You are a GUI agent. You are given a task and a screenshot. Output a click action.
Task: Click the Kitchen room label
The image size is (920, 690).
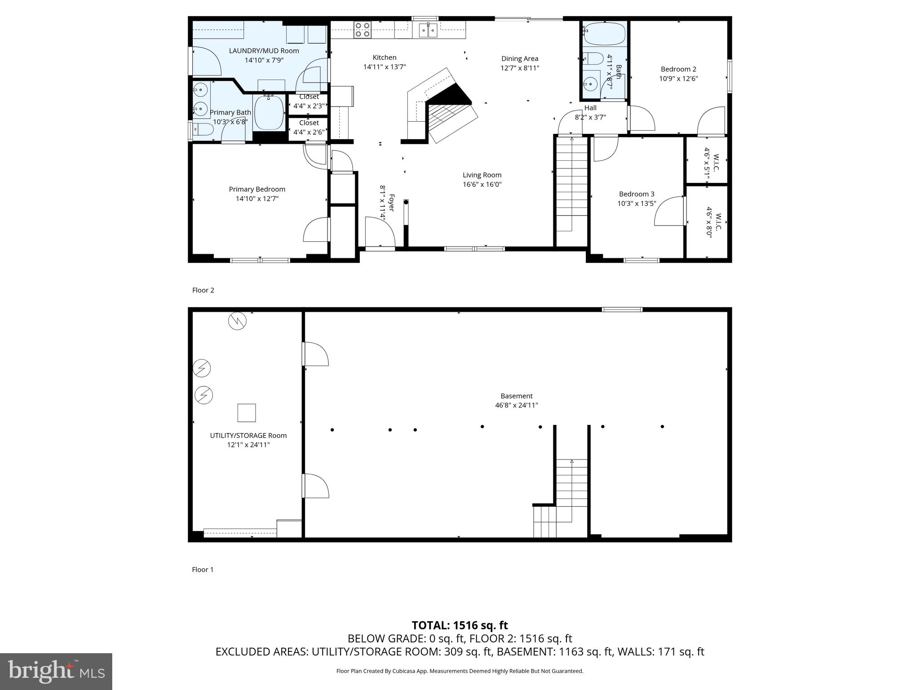coord(385,57)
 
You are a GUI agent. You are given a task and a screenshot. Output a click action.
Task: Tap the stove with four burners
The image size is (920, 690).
coord(362,30)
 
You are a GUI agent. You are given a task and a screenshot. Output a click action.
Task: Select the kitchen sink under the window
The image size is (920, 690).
coord(428,30)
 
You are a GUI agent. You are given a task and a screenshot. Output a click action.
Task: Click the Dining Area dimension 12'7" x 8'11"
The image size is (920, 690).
coord(520,68)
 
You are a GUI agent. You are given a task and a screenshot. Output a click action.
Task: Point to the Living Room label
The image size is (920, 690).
coord(482,175)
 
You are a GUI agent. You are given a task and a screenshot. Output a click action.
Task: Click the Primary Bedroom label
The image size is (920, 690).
coord(257,189)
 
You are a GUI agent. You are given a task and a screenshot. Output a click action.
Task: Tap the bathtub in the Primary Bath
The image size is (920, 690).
coord(269,112)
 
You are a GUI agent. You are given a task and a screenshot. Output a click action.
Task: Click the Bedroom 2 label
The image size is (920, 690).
coord(678,69)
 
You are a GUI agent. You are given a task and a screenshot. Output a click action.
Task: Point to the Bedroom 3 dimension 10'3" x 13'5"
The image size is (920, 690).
coord(637,203)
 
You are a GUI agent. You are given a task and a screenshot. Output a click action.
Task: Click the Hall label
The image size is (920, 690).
coord(590,108)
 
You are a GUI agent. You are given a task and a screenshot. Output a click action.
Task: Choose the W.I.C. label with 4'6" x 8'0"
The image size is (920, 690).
coord(713,222)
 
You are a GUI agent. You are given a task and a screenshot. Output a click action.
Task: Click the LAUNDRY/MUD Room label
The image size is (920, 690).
coord(264,51)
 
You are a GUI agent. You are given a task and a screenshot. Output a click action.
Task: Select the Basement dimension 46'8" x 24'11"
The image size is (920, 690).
coord(516,405)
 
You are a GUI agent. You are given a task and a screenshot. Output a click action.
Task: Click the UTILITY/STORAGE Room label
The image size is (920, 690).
coord(248,435)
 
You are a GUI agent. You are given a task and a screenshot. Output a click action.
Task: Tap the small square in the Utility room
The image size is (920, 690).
coord(246,412)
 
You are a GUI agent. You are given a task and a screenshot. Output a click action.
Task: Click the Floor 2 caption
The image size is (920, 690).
coord(203,290)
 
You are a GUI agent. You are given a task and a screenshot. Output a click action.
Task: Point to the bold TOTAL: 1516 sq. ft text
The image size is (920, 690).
coord(460,625)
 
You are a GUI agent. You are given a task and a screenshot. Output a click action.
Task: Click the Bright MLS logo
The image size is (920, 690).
coord(56,671)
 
